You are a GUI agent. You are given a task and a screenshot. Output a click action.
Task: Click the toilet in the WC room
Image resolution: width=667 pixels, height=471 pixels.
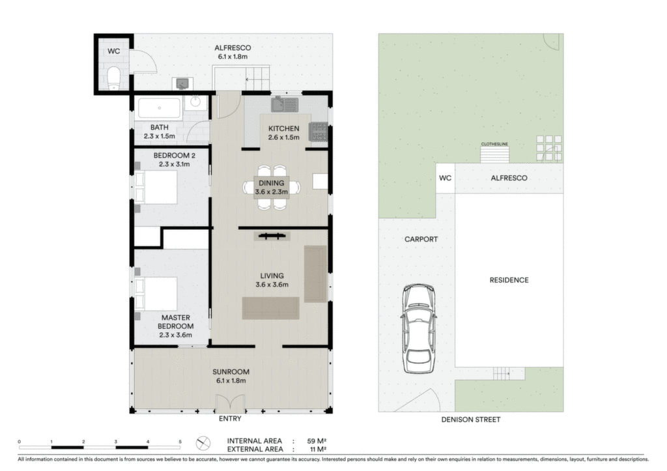114,78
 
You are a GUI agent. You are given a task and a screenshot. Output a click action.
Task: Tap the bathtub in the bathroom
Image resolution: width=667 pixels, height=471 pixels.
159,109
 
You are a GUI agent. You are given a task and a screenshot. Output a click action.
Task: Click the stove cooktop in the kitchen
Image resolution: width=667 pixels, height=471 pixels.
319,132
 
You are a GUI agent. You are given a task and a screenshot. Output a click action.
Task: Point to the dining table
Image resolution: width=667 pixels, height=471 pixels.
272,187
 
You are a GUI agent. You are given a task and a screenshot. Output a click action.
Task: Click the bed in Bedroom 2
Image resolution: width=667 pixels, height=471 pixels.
156,187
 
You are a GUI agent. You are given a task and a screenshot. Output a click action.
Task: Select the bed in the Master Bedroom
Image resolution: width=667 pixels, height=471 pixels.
156,294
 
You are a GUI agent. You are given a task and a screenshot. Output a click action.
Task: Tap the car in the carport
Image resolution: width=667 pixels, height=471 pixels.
419,328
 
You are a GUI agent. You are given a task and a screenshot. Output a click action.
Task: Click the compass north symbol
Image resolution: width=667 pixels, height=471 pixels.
203,444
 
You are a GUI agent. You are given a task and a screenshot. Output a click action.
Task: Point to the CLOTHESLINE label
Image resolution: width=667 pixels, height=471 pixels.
494,144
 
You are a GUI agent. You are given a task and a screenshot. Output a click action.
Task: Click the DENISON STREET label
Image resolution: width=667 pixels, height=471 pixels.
470,420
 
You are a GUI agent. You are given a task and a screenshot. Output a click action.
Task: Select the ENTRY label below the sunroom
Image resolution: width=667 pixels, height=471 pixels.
230,419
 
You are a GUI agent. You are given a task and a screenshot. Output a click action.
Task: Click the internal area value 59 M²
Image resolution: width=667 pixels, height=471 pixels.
317,441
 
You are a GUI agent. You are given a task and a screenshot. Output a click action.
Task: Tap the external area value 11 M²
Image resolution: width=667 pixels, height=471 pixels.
318,449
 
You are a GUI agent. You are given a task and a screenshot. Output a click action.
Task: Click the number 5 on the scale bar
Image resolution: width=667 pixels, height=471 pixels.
180,442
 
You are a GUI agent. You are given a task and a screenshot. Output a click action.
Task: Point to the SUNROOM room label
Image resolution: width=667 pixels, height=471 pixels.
231,372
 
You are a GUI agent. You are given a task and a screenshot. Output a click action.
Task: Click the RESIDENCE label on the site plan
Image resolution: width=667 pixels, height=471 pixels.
509,280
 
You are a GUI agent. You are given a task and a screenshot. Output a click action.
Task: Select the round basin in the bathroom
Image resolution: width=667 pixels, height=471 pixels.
195,102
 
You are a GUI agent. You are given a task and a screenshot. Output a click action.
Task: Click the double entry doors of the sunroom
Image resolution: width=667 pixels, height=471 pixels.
230,403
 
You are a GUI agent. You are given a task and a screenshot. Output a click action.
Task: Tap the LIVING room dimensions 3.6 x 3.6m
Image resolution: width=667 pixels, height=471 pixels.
272,285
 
